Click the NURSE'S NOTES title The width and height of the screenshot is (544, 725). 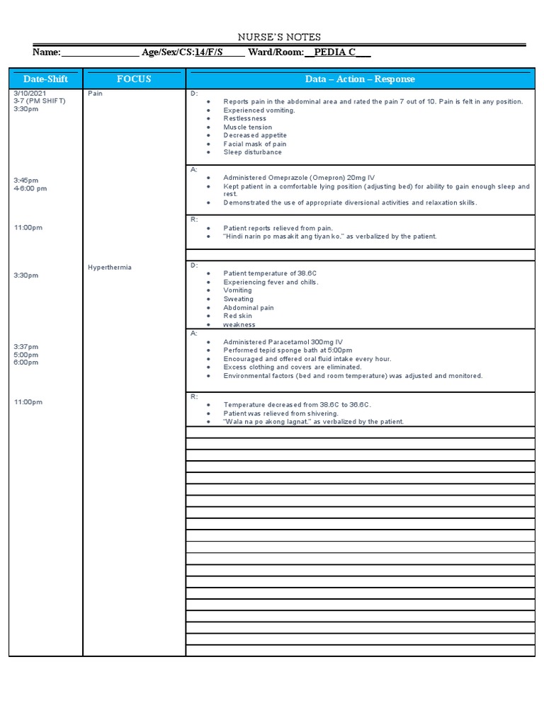(278, 37)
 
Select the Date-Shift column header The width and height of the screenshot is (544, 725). (45, 79)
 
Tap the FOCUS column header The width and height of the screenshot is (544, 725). (134, 79)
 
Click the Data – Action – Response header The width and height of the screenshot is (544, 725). (360, 79)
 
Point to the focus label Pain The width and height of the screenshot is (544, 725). (95, 93)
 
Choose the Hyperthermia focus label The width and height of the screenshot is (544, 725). (109, 268)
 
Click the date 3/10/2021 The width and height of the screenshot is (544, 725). (29, 93)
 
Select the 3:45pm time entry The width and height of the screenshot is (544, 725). (26, 181)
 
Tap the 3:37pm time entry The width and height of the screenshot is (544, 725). (26, 347)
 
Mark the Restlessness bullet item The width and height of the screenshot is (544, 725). (245, 119)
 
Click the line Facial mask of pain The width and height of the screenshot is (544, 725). (255, 144)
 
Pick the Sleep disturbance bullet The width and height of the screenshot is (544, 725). (252, 152)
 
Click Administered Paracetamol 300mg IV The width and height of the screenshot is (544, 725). (283, 342)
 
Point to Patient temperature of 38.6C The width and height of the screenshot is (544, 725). (268, 273)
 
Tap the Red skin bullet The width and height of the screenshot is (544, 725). (237, 316)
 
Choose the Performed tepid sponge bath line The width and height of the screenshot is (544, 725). (288, 350)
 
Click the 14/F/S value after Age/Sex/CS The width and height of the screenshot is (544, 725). (209, 52)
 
